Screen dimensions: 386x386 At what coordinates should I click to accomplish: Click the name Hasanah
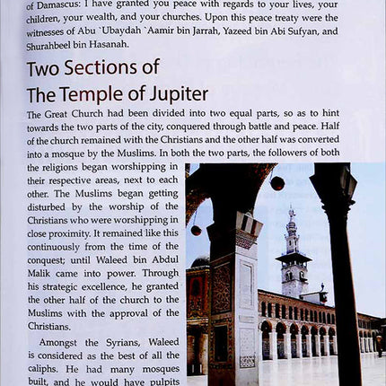click(127, 43)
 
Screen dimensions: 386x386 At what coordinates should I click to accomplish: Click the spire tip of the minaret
click(293, 208)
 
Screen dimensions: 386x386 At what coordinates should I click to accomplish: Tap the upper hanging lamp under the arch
click(278, 183)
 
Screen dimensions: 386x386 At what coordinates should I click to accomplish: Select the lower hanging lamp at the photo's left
click(196, 230)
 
